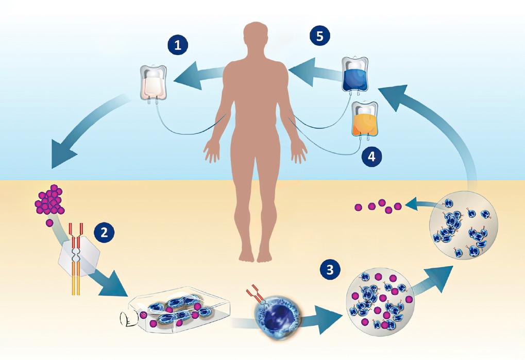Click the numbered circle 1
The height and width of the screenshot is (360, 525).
(178, 46)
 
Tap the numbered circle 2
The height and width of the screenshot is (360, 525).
(104, 231)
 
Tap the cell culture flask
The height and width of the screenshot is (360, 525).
(177, 310)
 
